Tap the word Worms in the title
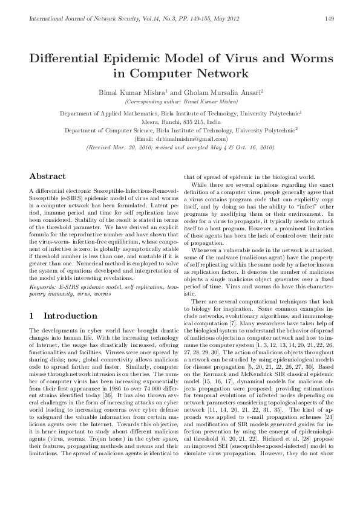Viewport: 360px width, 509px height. pyautogui.click(x=305, y=59)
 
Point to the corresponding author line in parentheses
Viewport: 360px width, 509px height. pyautogui.click(x=180, y=102)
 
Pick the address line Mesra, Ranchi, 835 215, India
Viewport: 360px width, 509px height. pyautogui.click(x=180, y=122)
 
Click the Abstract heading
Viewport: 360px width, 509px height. pyautogui.click(x=48, y=176)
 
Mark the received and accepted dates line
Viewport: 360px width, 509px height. pyautogui.click(x=180, y=147)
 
